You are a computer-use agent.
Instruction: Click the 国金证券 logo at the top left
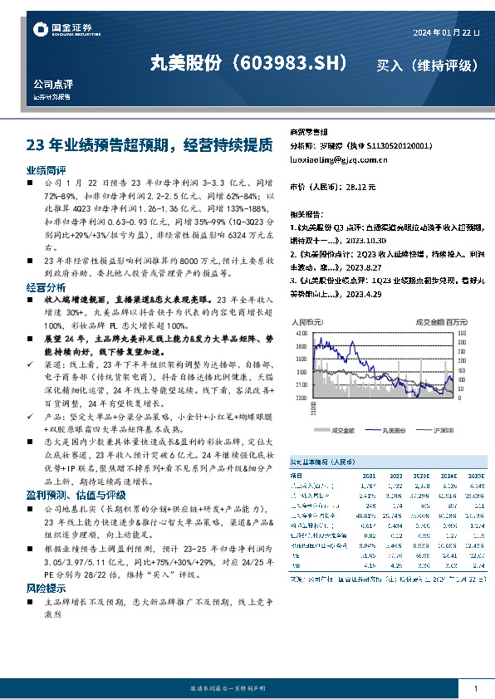pos(57,31)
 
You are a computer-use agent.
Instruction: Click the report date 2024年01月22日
pos(445,32)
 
